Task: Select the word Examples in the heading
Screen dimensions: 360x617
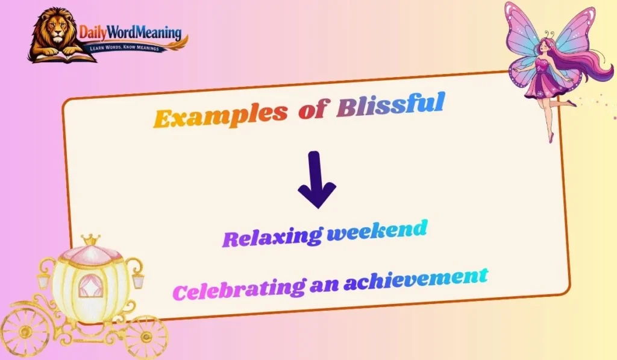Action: [219, 115]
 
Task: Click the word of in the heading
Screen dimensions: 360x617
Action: [312, 109]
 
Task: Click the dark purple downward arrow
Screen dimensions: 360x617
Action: [316, 179]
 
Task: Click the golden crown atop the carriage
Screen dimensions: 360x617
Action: [91, 240]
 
